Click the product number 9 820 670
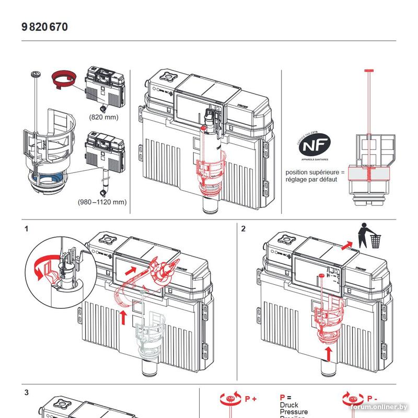click(x=45, y=27)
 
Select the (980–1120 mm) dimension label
click(x=102, y=201)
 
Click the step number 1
click(x=26, y=228)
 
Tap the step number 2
click(x=243, y=228)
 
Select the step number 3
click(x=26, y=392)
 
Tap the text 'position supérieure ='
click(x=315, y=172)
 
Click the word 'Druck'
click(x=289, y=405)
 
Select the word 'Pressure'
click(x=294, y=412)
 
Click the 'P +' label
click(x=251, y=399)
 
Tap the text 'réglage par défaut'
click(x=311, y=179)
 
